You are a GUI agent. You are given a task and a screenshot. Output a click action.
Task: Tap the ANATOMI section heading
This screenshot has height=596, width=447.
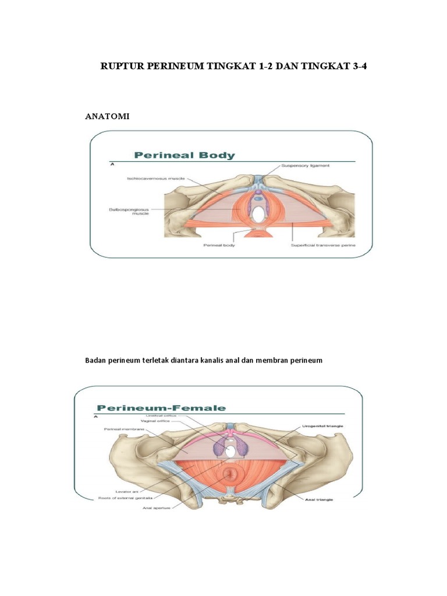pyautogui.click(x=107, y=116)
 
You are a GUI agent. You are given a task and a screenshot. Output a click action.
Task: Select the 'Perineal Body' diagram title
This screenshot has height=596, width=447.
pyautogui.click(x=185, y=155)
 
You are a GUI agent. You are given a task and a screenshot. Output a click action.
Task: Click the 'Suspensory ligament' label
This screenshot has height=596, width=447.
pyautogui.click(x=305, y=165)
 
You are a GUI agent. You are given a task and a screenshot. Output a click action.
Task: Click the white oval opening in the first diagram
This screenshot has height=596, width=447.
pyautogui.click(x=257, y=215)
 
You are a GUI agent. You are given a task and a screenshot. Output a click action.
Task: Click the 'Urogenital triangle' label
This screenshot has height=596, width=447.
pyautogui.click(x=322, y=426)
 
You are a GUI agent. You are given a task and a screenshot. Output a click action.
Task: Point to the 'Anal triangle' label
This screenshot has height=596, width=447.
pyautogui.click(x=319, y=498)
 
